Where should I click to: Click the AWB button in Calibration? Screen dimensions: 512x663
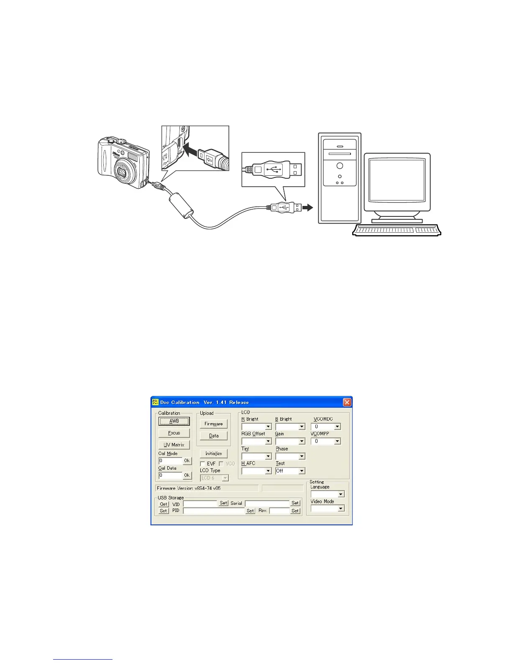(x=174, y=421)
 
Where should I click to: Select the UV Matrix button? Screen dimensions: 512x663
(x=174, y=445)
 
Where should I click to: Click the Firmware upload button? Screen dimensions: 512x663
(x=213, y=424)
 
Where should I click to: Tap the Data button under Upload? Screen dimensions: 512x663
(x=213, y=436)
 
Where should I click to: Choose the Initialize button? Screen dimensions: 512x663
(x=213, y=453)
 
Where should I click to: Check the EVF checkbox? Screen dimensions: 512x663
(x=203, y=464)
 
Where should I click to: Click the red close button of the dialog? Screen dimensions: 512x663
(x=347, y=402)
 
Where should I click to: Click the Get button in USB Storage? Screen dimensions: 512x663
(x=164, y=504)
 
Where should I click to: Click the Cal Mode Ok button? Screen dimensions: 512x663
(x=187, y=460)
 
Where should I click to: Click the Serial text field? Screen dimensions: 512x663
(x=267, y=503)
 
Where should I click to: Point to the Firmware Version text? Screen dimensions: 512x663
(x=189, y=488)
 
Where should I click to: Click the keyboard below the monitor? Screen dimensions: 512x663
(x=396, y=230)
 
